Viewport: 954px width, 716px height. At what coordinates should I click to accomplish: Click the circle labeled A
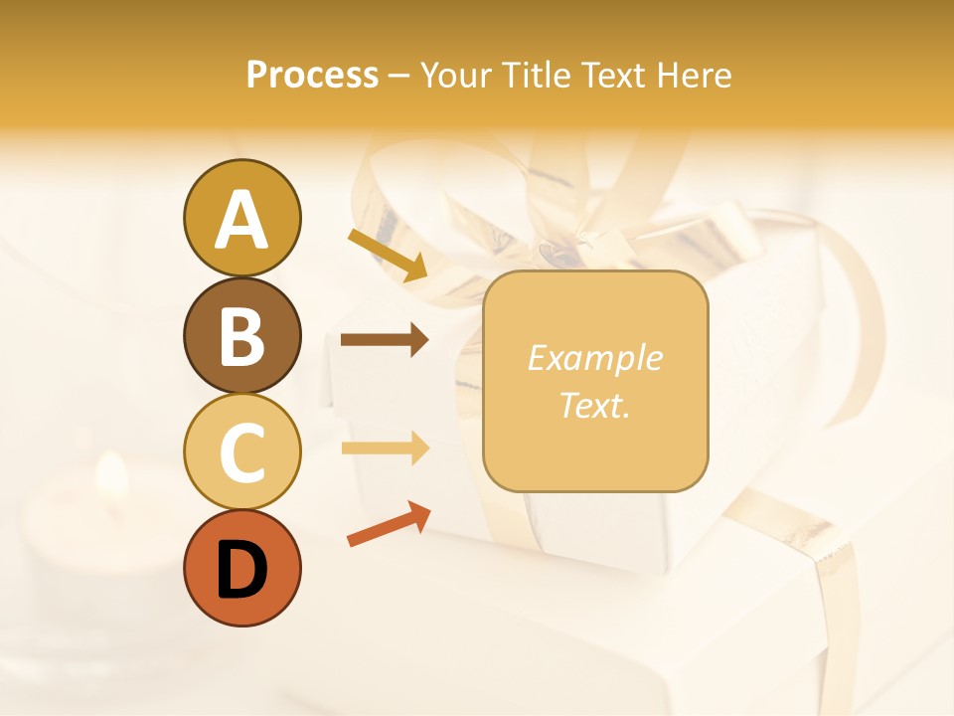click(x=241, y=219)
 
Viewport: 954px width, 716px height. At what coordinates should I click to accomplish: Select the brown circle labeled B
click(x=241, y=335)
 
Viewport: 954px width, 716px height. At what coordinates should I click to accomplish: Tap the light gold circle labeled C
click(x=241, y=451)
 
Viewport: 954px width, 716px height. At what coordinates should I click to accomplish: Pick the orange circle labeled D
click(x=241, y=568)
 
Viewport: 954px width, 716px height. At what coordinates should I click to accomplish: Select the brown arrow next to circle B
click(x=385, y=340)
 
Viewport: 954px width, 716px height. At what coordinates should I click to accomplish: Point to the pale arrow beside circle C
click(x=385, y=448)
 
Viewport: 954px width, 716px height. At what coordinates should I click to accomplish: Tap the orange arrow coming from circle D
click(x=388, y=525)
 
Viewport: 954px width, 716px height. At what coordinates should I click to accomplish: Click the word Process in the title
click(x=312, y=75)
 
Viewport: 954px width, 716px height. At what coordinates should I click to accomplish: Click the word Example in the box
click(x=595, y=358)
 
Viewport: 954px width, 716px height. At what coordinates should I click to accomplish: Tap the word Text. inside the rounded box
click(x=595, y=405)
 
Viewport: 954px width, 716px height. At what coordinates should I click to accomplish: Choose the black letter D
click(x=241, y=570)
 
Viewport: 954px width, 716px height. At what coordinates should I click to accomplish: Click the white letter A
click(x=241, y=220)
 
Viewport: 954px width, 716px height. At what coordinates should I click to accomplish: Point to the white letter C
click(x=241, y=452)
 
